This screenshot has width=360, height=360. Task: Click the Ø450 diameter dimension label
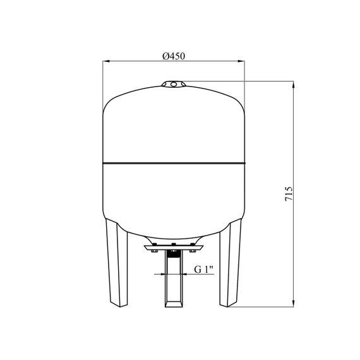click(174, 56)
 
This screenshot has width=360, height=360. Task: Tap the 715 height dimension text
click(289, 194)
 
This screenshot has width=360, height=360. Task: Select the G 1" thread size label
click(204, 269)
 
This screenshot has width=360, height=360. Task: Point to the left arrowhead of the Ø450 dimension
click(106, 61)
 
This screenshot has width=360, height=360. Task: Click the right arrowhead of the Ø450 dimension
click(241, 61)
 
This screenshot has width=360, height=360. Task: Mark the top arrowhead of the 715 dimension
click(293, 85)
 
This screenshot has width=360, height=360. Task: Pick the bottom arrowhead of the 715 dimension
click(293, 304)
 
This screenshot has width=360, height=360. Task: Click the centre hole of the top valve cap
click(174, 84)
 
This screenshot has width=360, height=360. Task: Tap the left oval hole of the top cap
click(165, 85)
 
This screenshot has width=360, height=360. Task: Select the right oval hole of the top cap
click(183, 84)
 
